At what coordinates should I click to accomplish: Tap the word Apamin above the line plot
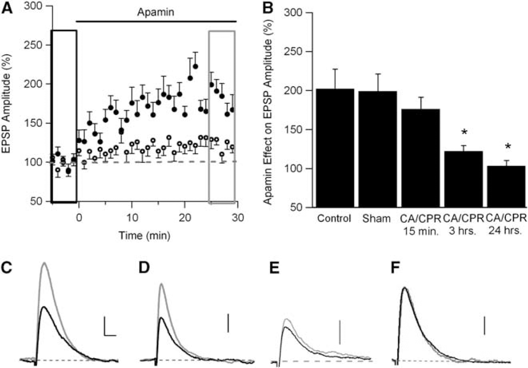[x=156, y=12]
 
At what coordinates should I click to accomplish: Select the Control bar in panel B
[x=335, y=148]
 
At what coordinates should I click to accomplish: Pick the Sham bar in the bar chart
[x=378, y=149]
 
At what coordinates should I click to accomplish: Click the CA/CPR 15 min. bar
[x=421, y=158]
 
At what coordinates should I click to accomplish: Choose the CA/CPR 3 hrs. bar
[x=463, y=179]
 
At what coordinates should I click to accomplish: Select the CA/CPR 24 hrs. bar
[x=506, y=187]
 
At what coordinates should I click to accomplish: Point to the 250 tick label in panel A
[x=33, y=45]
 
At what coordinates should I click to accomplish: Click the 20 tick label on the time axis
[x=185, y=218]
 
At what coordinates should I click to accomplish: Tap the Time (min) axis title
[x=144, y=235]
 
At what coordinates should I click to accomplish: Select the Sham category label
[x=376, y=218]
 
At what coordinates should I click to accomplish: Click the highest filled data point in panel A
[x=195, y=67]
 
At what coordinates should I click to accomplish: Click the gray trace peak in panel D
[x=161, y=284]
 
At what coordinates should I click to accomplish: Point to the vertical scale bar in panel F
[x=484, y=326]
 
